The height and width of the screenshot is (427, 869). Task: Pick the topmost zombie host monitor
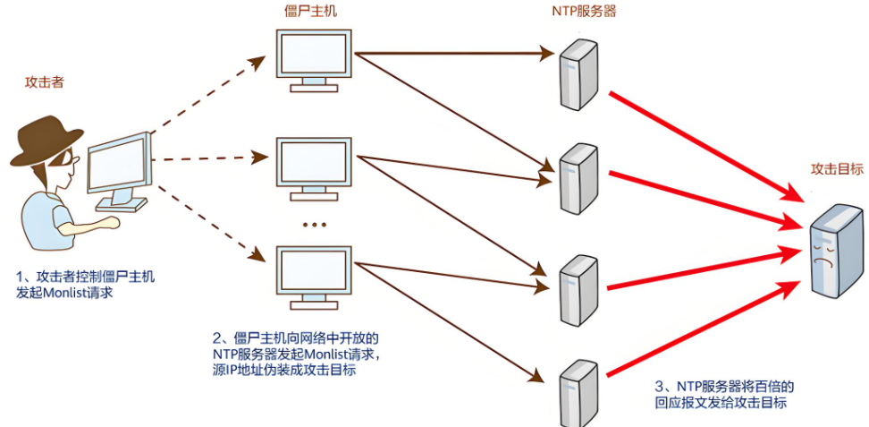point(313,54)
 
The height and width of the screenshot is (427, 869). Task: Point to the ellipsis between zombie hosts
point(313,225)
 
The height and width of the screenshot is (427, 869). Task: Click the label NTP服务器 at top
point(585,11)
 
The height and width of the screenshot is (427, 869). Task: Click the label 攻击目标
point(836,168)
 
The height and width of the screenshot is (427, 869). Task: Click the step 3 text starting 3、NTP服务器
point(724,387)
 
